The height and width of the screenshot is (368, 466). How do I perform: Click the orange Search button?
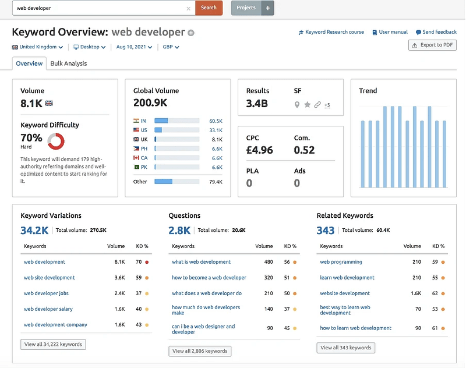click(x=209, y=8)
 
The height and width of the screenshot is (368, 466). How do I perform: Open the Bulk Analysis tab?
click(x=69, y=63)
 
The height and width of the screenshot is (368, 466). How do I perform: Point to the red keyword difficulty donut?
click(x=56, y=140)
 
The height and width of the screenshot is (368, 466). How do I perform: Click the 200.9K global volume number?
click(x=150, y=103)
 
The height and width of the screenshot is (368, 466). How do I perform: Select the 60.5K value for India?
click(x=216, y=121)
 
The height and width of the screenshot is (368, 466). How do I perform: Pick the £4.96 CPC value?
click(x=260, y=150)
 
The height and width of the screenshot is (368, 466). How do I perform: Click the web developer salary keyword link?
click(x=48, y=309)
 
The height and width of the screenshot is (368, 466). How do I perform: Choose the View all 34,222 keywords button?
click(x=54, y=344)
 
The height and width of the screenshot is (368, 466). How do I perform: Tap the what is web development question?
click(x=201, y=262)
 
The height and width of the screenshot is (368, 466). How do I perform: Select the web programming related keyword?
click(x=341, y=262)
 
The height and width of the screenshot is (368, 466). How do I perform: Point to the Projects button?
click(x=246, y=8)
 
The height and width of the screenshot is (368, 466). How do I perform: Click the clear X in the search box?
click(x=188, y=9)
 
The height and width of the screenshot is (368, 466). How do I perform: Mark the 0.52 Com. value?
click(x=305, y=150)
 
